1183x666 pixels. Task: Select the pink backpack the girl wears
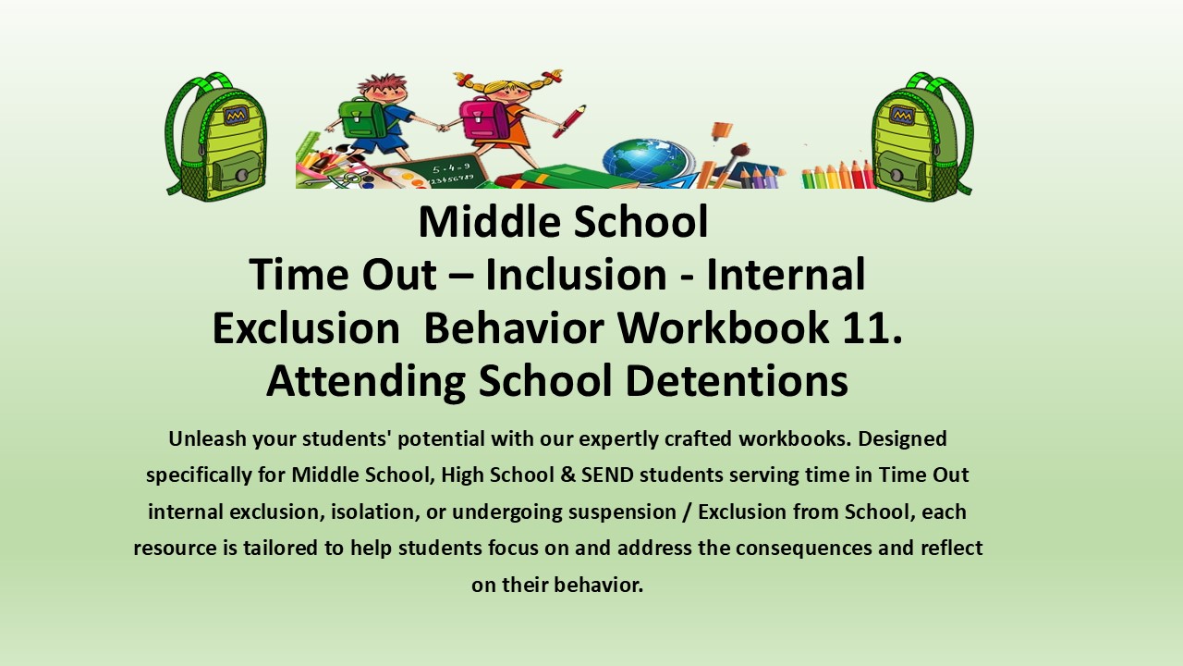coord(482,118)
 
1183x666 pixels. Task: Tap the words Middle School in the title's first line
coord(563,222)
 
